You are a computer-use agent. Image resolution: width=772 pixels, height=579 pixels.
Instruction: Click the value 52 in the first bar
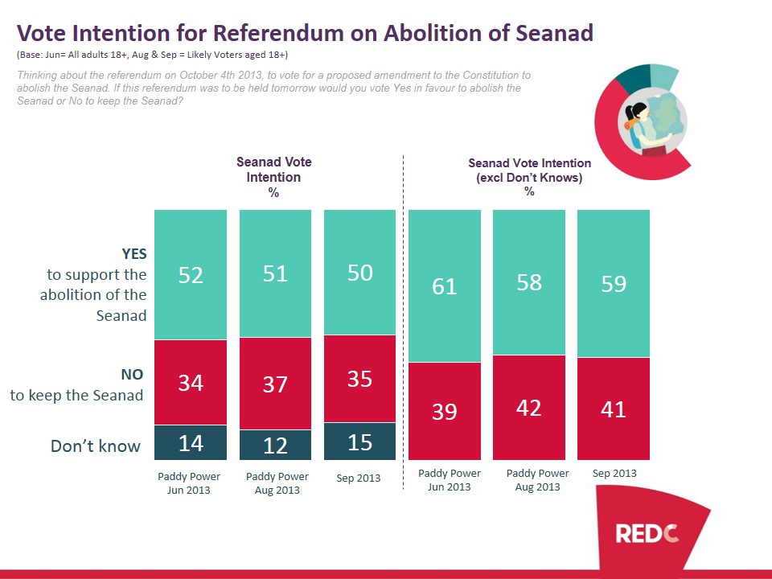pos(191,274)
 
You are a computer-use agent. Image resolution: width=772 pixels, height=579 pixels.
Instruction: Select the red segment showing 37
pos(275,384)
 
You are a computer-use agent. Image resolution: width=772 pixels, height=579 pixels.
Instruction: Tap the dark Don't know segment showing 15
pos(359,441)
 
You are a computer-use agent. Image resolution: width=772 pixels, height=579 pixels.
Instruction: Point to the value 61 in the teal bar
pos(445,285)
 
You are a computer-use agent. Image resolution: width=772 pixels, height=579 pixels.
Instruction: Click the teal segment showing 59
pos(614,283)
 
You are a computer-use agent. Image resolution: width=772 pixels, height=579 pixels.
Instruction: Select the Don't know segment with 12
pos(275,445)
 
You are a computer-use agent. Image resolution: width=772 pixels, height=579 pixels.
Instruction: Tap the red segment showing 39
pos(445,411)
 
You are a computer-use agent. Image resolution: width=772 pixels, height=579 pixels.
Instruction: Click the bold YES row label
pos(133,253)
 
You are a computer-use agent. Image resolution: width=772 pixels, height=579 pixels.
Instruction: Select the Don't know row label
pos(96,446)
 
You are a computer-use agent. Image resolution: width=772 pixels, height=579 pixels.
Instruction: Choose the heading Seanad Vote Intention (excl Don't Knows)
pos(529,170)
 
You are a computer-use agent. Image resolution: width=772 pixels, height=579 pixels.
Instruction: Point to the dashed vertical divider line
pos(402,322)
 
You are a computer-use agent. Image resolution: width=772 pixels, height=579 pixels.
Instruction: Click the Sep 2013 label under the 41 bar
pos(614,473)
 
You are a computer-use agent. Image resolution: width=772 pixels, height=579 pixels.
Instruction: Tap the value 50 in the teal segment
pos(359,272)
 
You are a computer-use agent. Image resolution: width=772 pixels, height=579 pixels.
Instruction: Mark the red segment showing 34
pos(191,383)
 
